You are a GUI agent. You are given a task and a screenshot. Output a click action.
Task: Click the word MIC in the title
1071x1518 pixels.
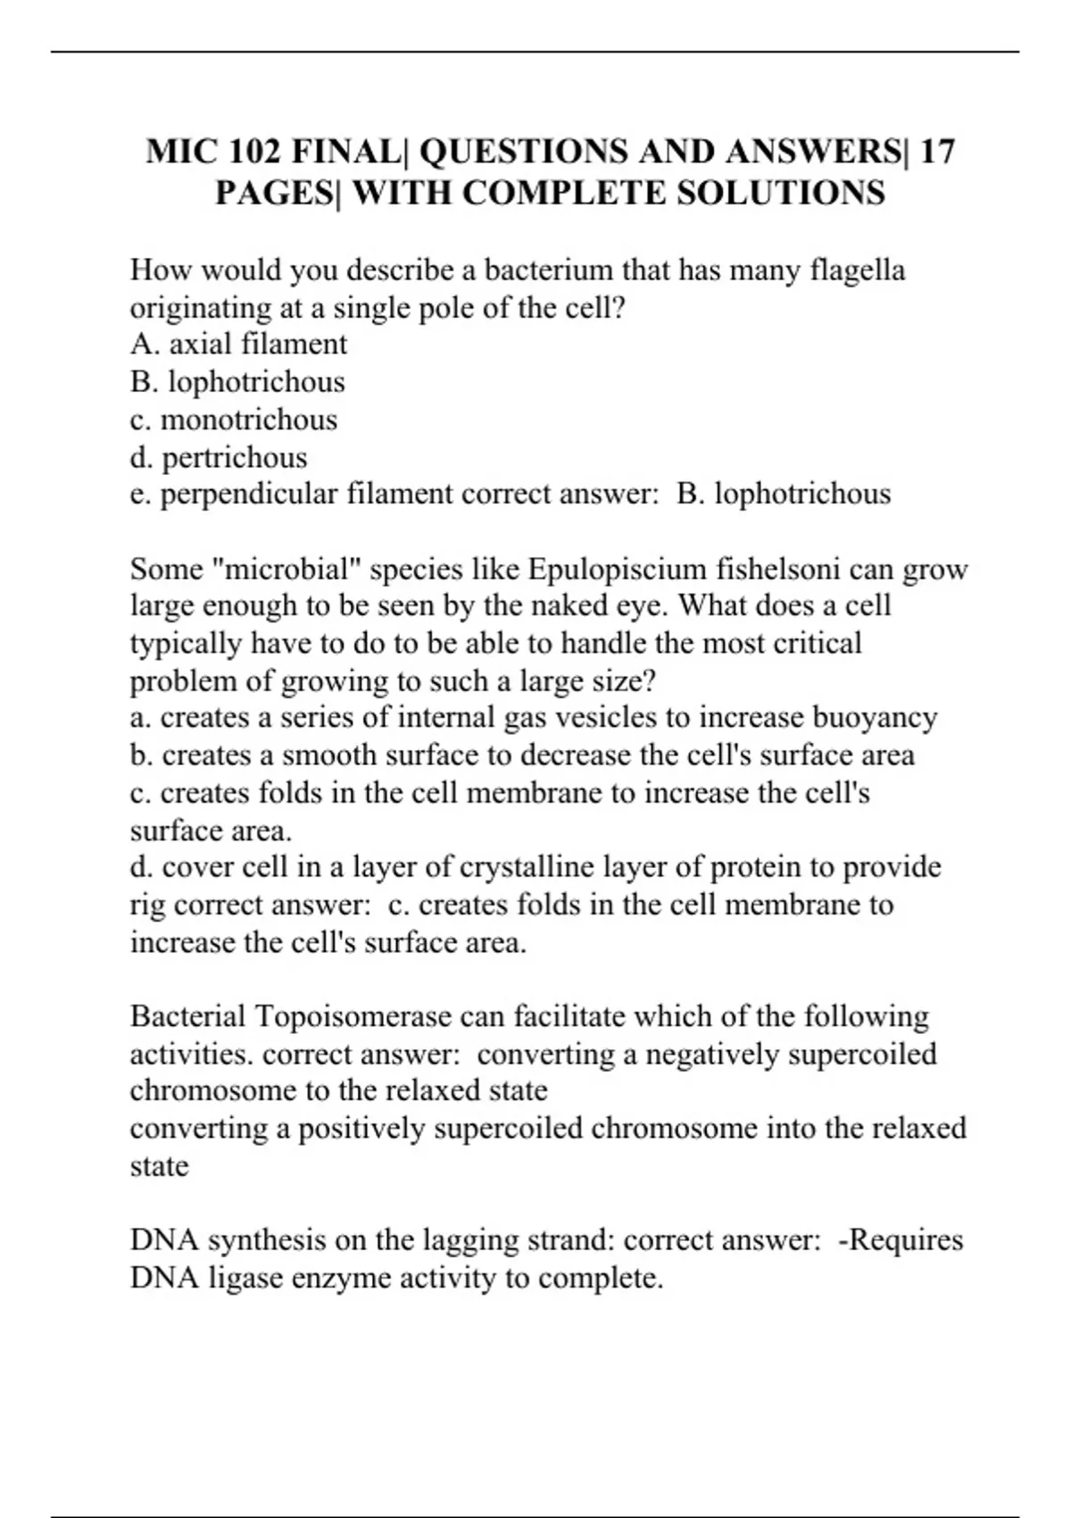coord(179,152)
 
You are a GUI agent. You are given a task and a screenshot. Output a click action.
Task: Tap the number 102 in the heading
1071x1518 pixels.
coord(253,152)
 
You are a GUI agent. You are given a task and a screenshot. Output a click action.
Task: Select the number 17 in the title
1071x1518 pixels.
coord(936,152)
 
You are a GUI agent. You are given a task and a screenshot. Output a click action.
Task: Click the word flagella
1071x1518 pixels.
coord(857,270)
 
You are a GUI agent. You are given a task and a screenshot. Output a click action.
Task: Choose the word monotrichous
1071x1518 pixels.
coord(249,420)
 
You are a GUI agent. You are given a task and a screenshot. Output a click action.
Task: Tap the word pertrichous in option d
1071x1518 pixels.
coord(234,457)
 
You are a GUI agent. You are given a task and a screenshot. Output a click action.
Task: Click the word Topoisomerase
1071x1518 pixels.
coord(353,1016)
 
